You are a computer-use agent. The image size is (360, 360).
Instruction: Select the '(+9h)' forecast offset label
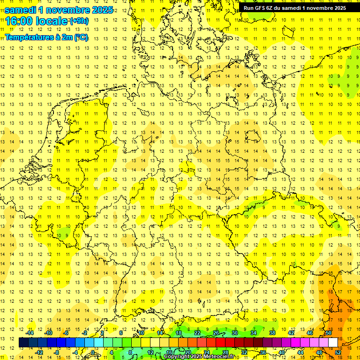click(x=78, y=21)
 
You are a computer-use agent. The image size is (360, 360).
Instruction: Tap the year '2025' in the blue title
click(x=100, y=10)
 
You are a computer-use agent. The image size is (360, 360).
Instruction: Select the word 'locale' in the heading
click(x=52, y=21)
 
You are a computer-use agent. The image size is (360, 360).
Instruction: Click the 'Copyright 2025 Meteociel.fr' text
click(x=199, y=357)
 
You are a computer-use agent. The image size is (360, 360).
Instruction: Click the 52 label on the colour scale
click(x=337, y=352)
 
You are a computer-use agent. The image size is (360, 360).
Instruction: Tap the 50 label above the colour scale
click(x=328, y=333)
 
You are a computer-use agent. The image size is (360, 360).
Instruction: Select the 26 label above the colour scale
click(x=216, y=333)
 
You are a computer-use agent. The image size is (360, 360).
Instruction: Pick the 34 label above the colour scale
click(x=254, y=333)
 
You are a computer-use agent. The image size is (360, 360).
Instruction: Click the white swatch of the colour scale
click(x=333, y=342)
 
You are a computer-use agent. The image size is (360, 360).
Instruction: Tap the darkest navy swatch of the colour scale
click(x=23, y=342)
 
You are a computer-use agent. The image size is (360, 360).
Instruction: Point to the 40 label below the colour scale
click(x=281, y=352)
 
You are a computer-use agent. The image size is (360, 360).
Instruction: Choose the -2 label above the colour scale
click(x=85, y=333)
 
